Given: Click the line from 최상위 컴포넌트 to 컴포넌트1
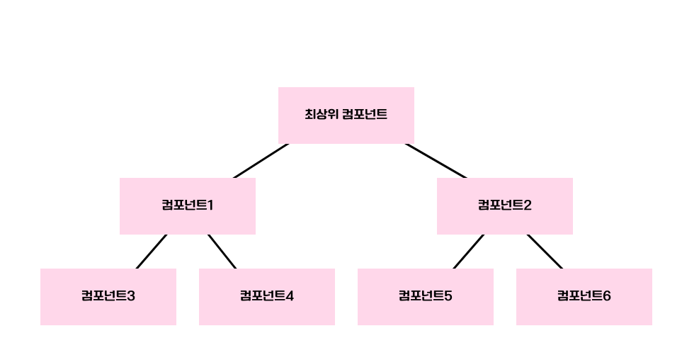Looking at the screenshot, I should coord(261,161).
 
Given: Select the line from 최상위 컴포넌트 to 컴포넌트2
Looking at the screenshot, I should coord(436,161).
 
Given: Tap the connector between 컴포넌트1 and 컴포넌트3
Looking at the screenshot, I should coord(152,252).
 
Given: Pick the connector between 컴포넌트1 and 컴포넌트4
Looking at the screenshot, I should coord(222,252).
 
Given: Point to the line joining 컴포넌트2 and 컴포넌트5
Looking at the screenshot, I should coord(469,252).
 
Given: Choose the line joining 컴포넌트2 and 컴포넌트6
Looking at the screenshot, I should coord(544,252).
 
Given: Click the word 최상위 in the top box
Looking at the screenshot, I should coord(320,114).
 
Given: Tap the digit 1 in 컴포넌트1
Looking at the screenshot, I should coord(210,206).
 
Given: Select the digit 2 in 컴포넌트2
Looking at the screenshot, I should coord(528,206).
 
